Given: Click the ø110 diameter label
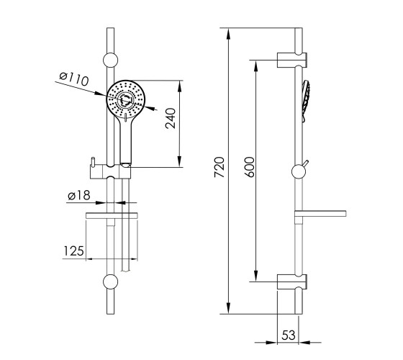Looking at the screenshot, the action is coord(73,79).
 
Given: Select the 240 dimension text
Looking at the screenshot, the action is coord(171,118).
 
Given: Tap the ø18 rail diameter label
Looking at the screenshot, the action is coord(79,195).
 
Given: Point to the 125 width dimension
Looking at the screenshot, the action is coord(73,251).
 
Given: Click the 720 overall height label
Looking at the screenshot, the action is coord(219,167).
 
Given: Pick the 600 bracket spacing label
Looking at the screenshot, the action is coord(249,167).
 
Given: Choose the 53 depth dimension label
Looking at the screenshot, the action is coord(289,335).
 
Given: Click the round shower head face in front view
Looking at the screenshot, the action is coord(126,99).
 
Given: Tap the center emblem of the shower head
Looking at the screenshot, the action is coord(126,99).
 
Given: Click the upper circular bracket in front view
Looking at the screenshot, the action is coord(111,60).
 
